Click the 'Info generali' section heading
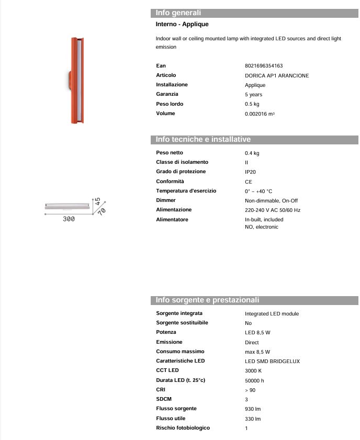tap(178, 13)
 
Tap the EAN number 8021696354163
tap(264, 66)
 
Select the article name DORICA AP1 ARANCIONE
tap(277, 75)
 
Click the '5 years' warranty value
tap(253, 95)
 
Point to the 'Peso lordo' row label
tap(168, 104)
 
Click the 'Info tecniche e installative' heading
tap(203, 140)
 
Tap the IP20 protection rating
tap(250, 172)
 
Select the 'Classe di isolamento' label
tap(182, 162)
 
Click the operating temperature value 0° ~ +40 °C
tap(258, 191)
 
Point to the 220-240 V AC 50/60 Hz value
tap(272, 210)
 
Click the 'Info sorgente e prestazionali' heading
tap(207, 300)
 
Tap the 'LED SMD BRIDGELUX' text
tap(272, 361)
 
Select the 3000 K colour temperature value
tap(254, 371)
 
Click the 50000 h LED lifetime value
tap(254, 380)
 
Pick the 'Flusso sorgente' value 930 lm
tap(253, 409)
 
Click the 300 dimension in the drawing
tap(69, 219)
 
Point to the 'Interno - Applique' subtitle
tap(182, 25)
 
